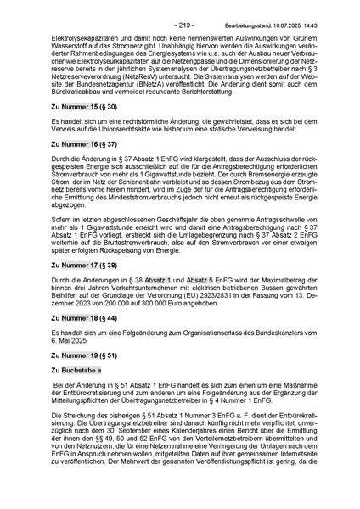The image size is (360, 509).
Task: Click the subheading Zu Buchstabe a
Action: [x=76, y=370]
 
